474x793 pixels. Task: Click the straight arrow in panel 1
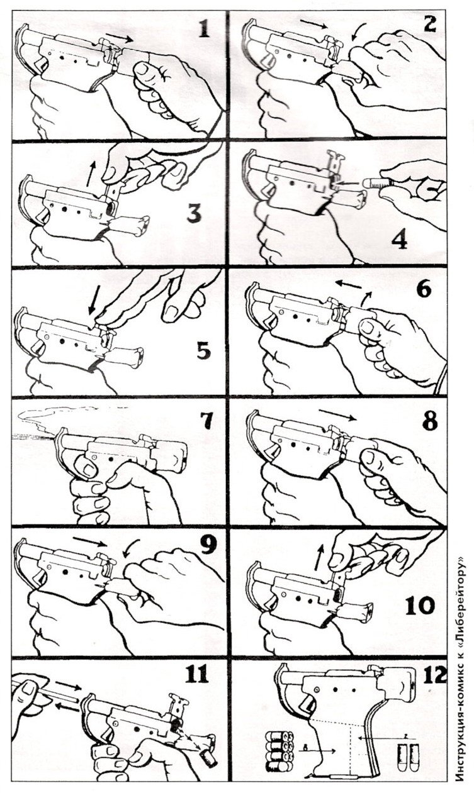click(x=120, y=38)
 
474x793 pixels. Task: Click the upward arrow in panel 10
click(x=319, y=558)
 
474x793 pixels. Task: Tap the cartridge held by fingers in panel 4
click(x=377, y=183)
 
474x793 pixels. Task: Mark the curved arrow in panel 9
click(x=128, y=547)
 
